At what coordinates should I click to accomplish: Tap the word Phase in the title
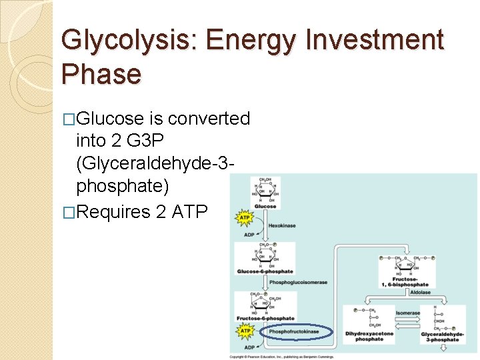point(101,73)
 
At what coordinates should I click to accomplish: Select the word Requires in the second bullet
point(113,212)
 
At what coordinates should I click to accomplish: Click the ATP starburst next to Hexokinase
point(245,217)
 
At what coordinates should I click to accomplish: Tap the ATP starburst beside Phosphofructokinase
point(245,331)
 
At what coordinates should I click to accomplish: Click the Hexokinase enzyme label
point(281,226)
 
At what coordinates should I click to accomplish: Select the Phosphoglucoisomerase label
point(298,283)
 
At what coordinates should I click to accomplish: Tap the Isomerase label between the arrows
point(407,313)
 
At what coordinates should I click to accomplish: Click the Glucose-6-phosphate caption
point(265,272)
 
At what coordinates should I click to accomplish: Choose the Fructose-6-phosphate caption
point(265,319)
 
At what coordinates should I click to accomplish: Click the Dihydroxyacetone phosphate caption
point(369,336)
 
